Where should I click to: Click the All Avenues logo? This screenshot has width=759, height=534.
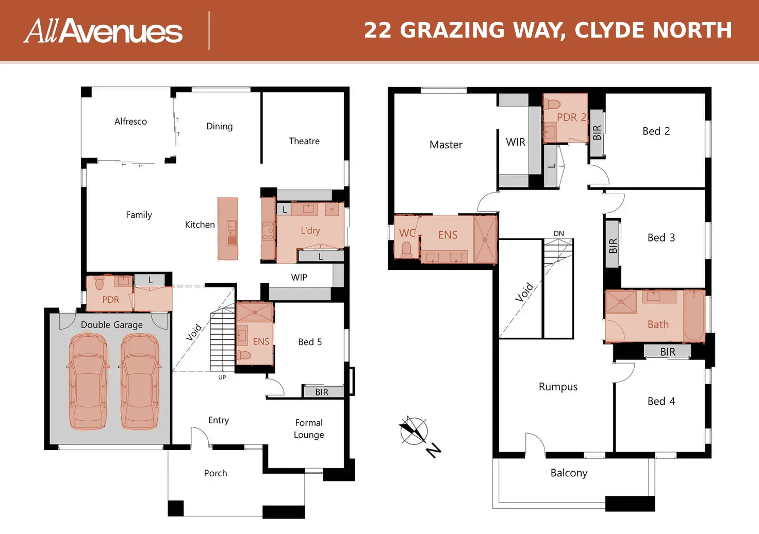pos(103,31)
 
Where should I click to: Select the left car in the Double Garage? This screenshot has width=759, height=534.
pos(89,382)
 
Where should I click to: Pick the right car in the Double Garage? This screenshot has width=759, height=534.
pos(140,382)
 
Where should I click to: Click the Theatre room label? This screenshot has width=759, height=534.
pos(304,141)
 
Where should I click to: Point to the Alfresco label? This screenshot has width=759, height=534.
pos(130,121)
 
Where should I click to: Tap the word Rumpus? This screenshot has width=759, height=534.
pos(558,387)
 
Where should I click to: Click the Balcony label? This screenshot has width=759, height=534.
pos(569,473)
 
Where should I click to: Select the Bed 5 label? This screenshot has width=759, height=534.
pos(310,342)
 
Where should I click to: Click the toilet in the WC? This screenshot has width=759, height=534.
pos(407,249)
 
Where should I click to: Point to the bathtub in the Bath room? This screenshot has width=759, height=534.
pos(694,315)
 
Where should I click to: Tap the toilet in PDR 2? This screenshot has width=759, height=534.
pos(554,104)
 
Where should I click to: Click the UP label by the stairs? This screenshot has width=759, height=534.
pos(222,377)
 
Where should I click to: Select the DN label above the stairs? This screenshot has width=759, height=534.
pos(559,233)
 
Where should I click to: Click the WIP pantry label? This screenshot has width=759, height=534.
pos(299,278)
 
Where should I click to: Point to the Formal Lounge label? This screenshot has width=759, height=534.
pos(309,428)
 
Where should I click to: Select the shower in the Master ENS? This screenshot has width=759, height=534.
pos(485,239)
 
